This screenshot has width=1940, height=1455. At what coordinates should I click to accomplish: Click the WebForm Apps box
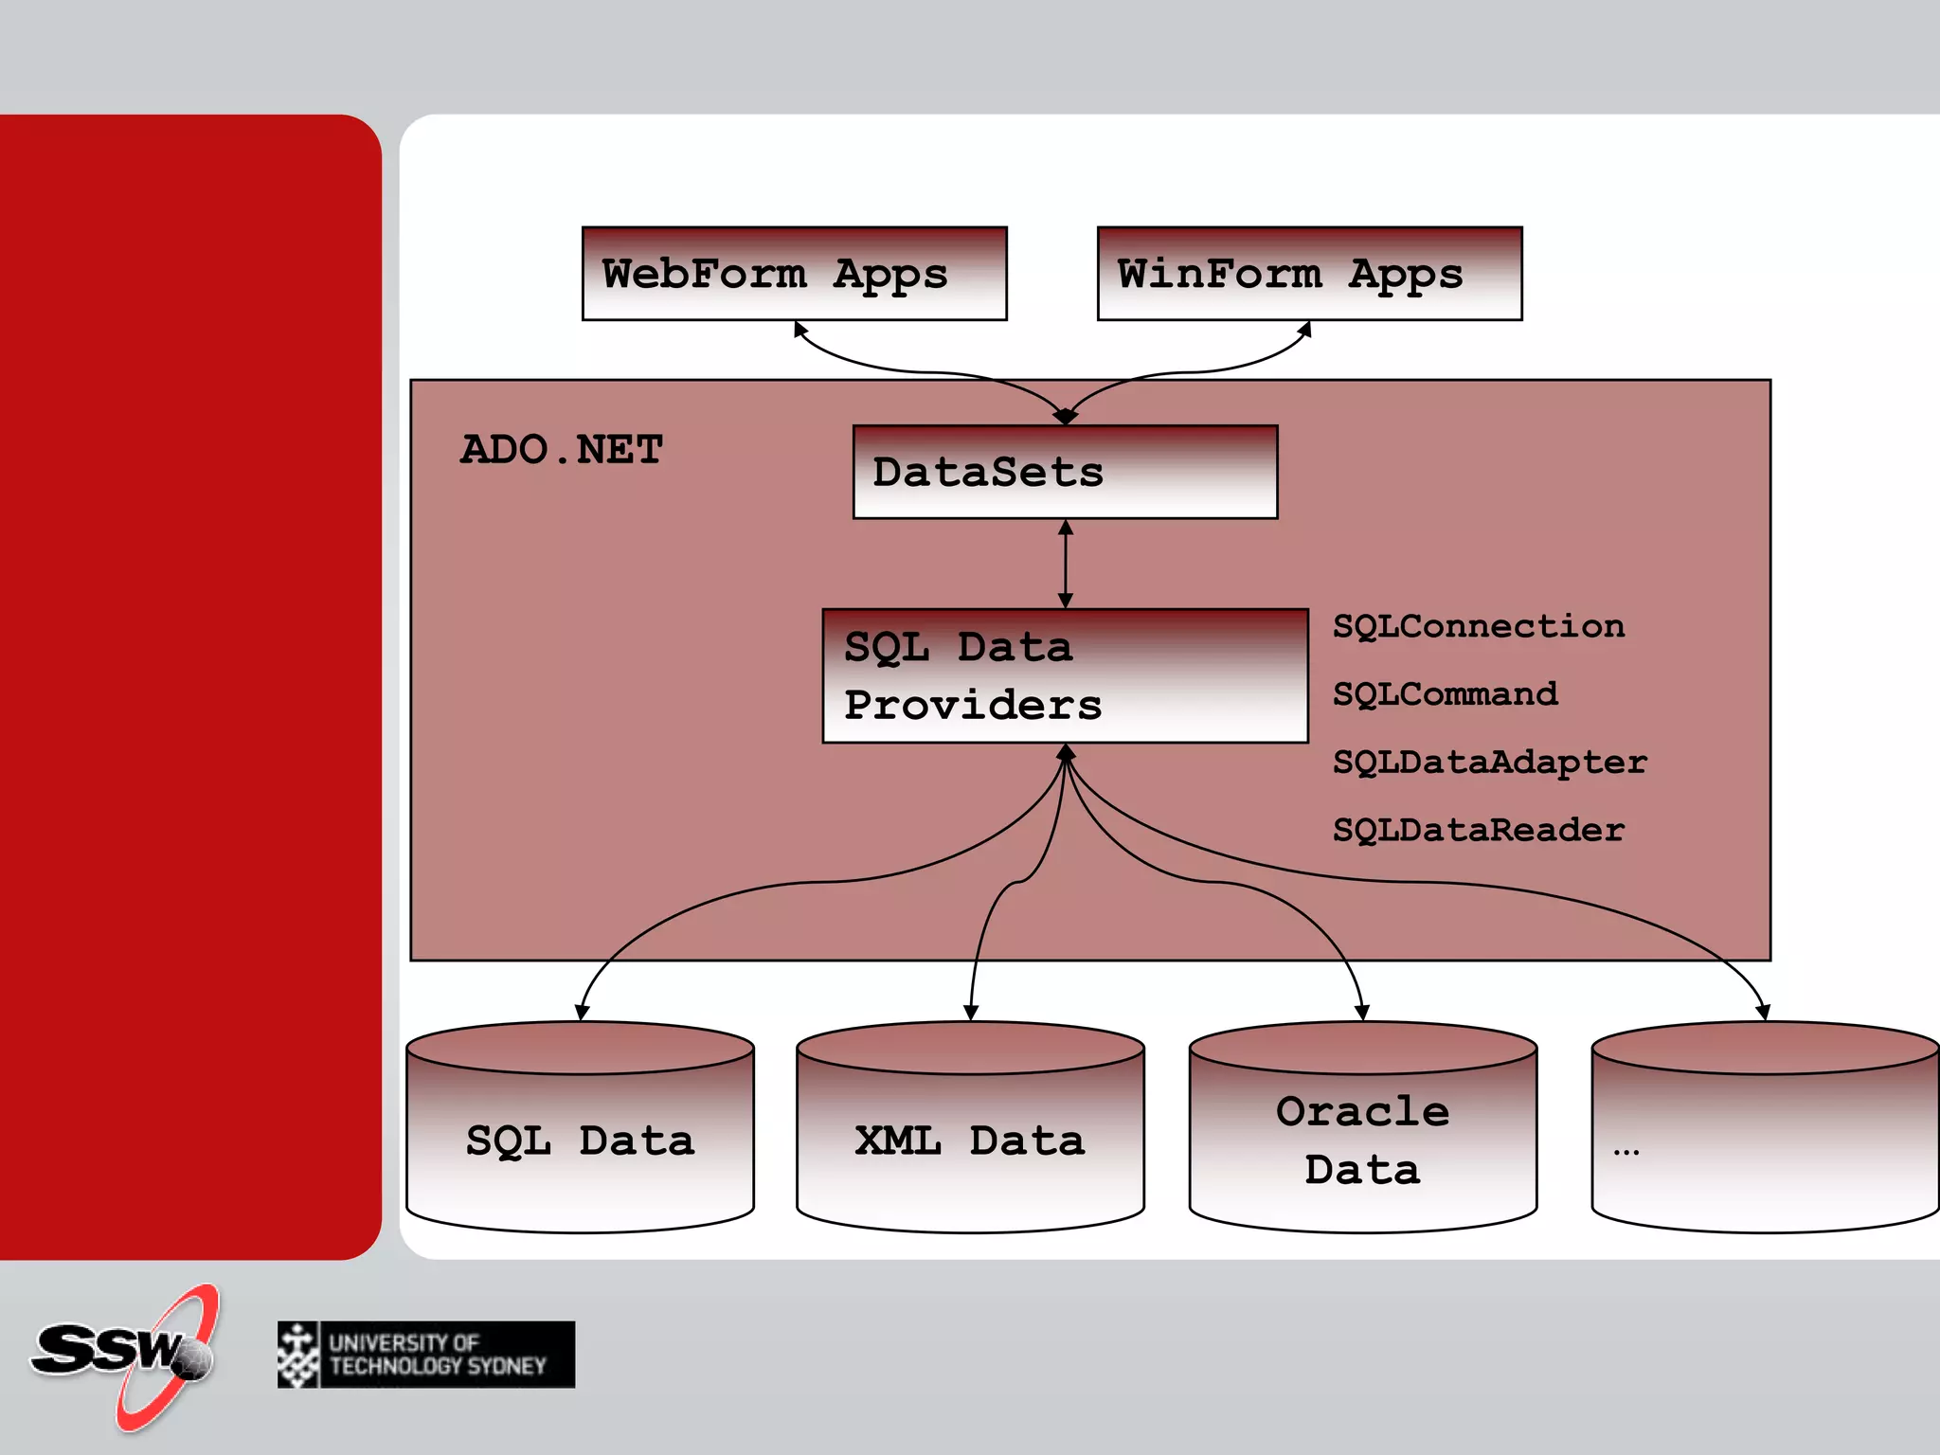pyautogui.click(x=794, y=274)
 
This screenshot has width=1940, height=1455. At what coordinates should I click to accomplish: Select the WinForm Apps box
pyautogui.click(x=1309, y=274)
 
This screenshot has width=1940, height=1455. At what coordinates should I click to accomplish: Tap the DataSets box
pyautogui.click(x=1065, y=472)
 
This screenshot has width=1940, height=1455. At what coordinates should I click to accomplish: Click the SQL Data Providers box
pyautogui.click(x=1065, y=675)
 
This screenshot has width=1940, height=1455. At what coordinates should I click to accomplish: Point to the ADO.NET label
pyautogui.click(x=562, y=450)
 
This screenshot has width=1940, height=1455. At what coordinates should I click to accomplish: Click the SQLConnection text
pyautogui.click(x=1478, y=626)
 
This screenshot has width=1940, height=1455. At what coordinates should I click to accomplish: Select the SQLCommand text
pyautogui.click(x=1445, y=694)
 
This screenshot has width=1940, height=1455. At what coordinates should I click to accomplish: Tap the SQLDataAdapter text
pyautogui.click(x=1489, y=763)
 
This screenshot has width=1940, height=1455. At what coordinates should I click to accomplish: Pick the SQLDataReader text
pyautogui.click(x=1478, y=831)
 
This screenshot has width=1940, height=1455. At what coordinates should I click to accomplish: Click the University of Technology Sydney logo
pyautogui.click(x=426, y=1355)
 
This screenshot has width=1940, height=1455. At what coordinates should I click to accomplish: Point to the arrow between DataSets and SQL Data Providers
pyautogui.click(x=1066, y=564)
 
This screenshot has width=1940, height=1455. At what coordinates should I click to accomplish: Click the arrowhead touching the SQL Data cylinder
pyautogui.click(x=582, y=1012)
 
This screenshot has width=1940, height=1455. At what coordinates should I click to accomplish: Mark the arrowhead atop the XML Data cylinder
pyautogui.click(x=970, y=1012)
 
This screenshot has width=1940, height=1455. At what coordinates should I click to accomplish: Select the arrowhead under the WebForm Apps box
pyautogui.click(x=800, y=330)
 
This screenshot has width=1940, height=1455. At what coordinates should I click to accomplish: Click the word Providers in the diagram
pyautogui.click(x=973, y=706)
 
